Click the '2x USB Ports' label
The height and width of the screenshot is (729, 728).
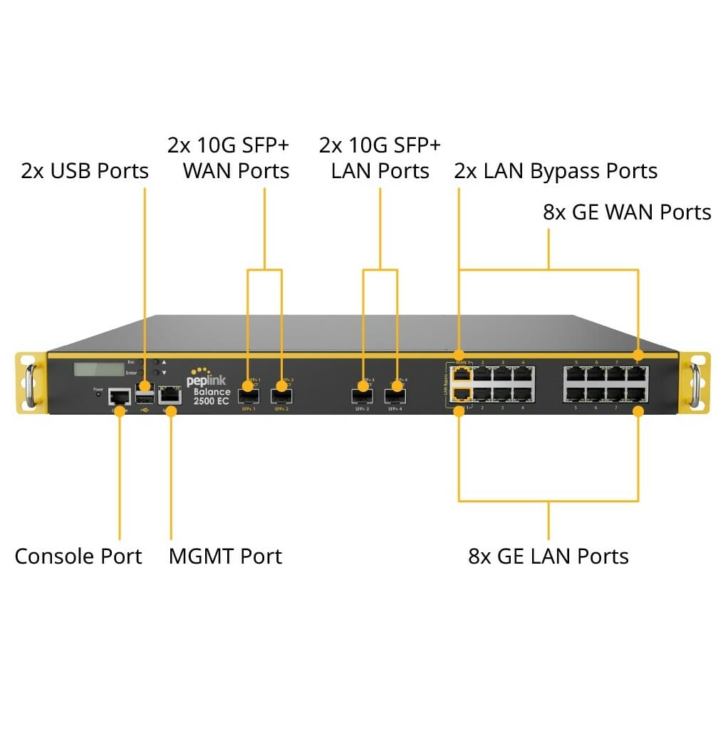coord(85,171)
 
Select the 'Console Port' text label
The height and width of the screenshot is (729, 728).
coord(78,557)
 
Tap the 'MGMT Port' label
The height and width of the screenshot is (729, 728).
coord(225,557)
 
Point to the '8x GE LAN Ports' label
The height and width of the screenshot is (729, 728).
coord(548,557)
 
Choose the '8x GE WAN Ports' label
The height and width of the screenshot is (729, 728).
coord(627,212)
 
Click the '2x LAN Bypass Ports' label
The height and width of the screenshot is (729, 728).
coord(556,171)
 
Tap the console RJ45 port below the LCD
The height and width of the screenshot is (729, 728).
coord(119,397)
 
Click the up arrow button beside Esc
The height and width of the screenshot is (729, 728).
coord(164,362)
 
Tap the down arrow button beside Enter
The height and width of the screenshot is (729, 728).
coord(164,373)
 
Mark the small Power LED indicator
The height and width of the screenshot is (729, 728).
coord(98,394)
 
